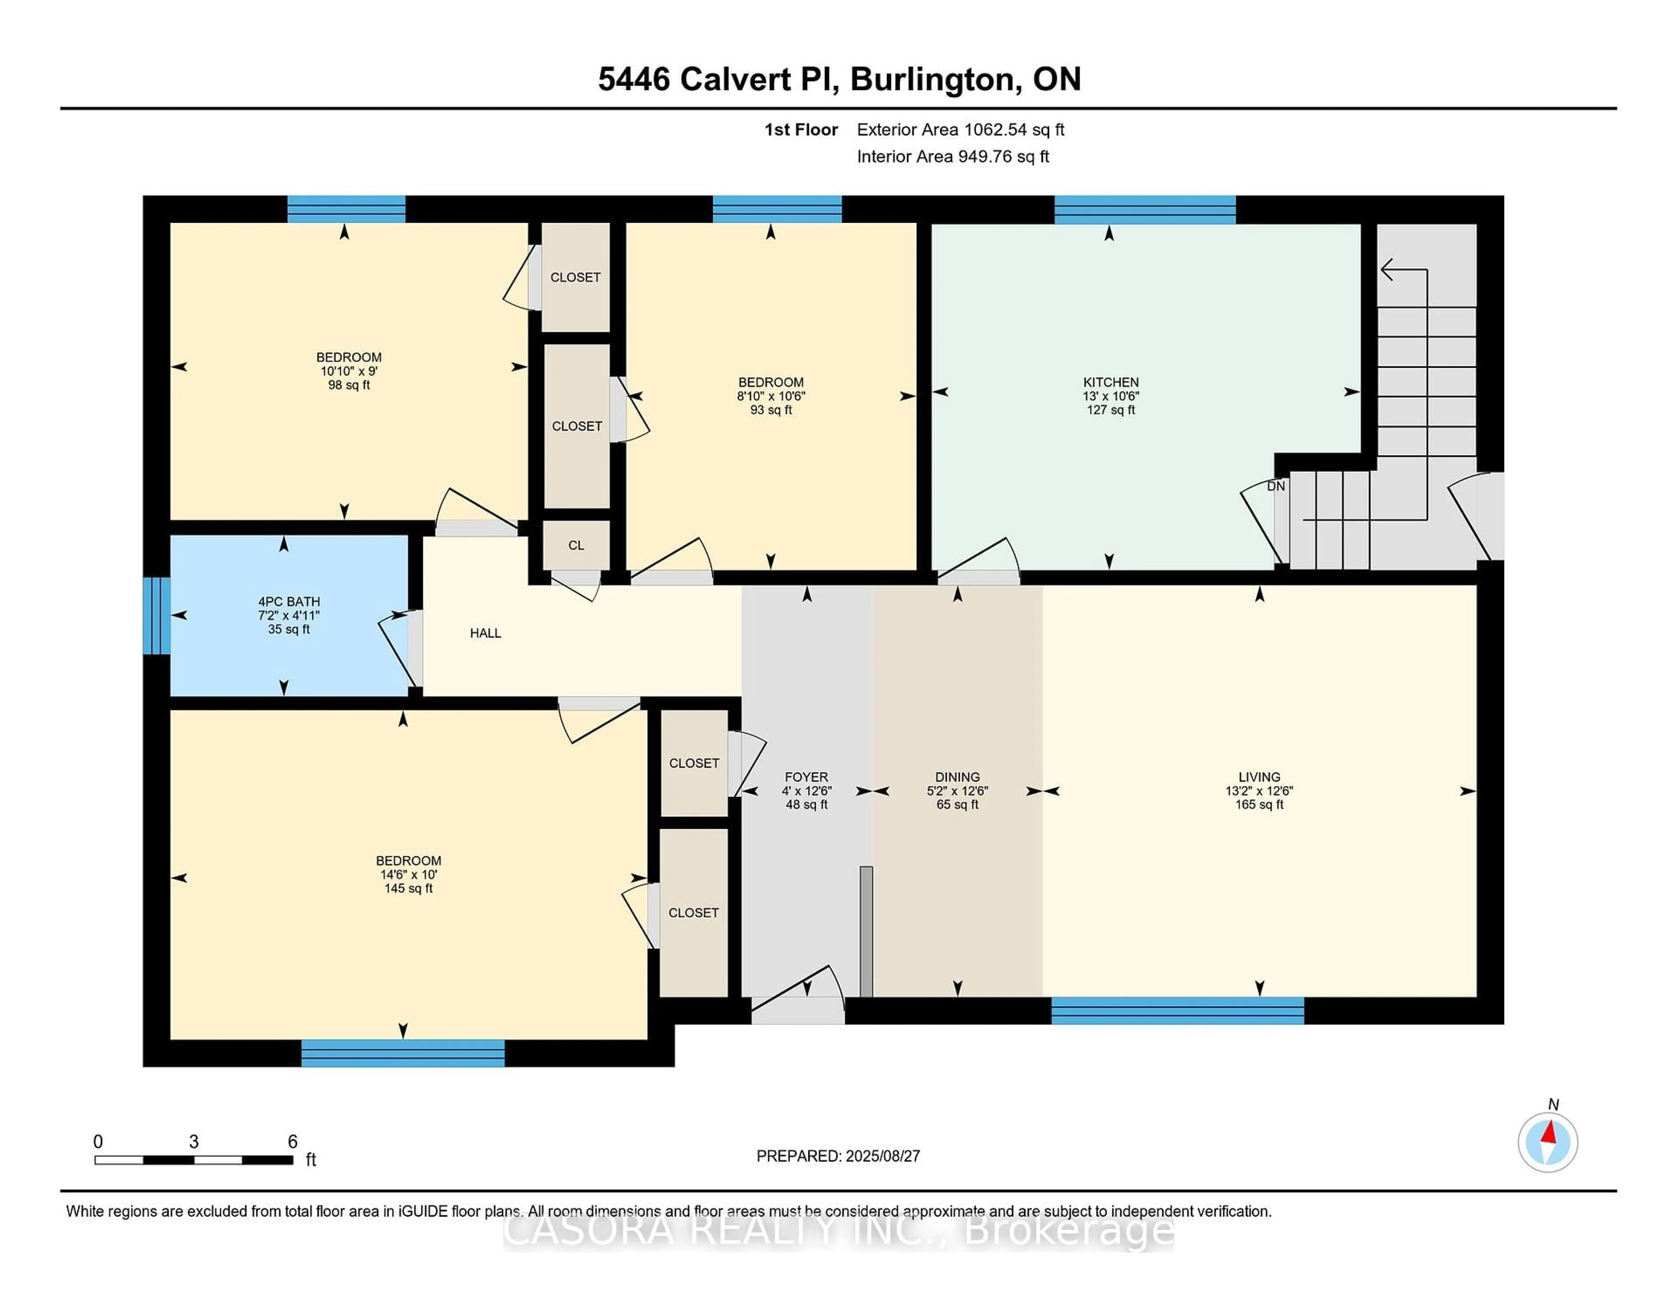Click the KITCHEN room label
pos(1110,383)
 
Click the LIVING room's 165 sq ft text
pos(1259,805)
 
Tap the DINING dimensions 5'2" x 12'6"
pos(958,791)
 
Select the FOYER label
pos(806,777)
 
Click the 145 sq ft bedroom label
pos(408,888)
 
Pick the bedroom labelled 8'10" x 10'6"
pos(771,396)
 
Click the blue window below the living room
pos(1177,1010)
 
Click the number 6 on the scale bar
pos(293,1142)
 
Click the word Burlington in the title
pos(936,79)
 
